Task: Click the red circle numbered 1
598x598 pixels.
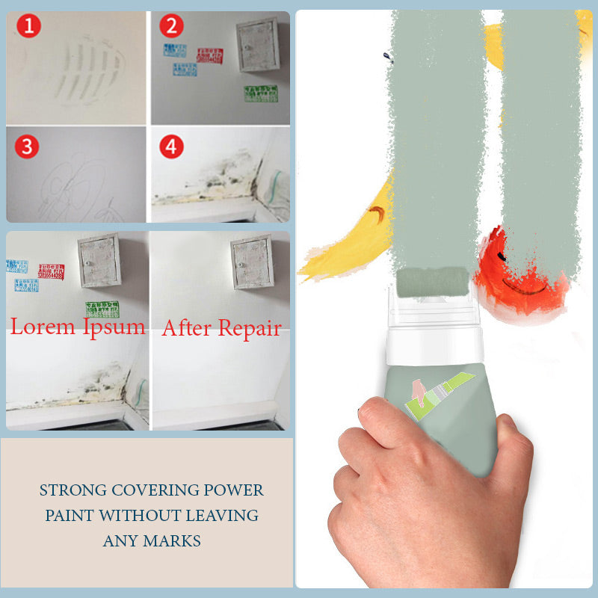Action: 28,28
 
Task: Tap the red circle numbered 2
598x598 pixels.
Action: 172,26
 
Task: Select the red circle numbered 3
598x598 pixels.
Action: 28,147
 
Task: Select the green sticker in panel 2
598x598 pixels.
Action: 260,93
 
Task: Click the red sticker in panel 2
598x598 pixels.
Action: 209,55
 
